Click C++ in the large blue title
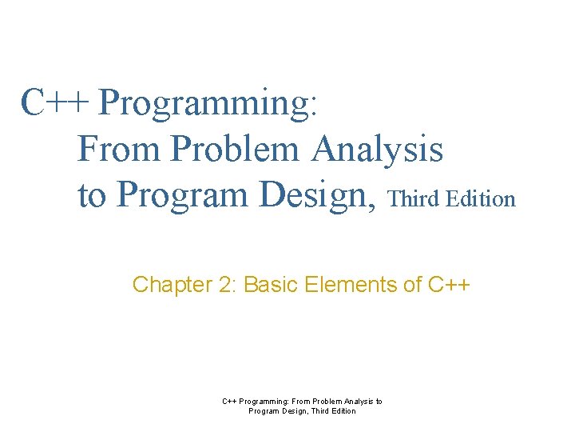[x=56, y=102]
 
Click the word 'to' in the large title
[x=93, y=195]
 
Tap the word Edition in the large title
[x=482, y=199]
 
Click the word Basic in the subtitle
[x=270, y=285]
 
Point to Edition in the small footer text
[x=341, y=411]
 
